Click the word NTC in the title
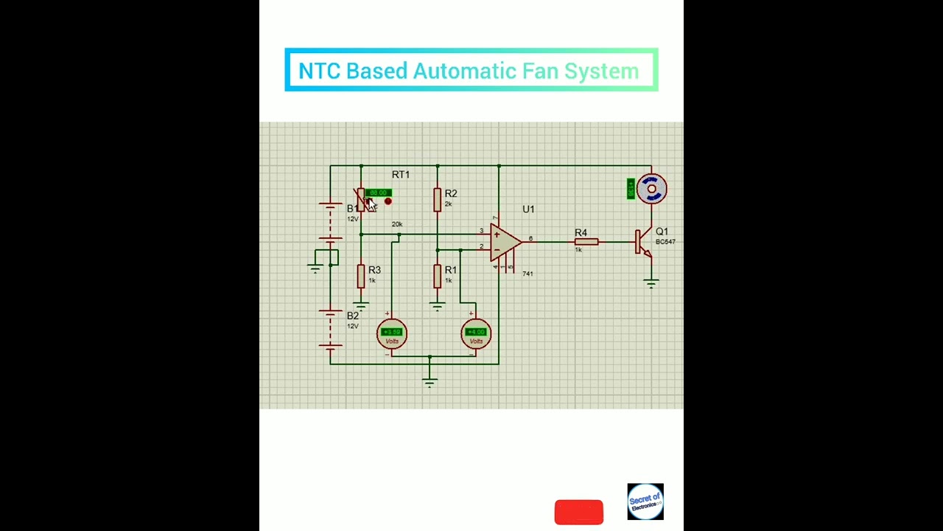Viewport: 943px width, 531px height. tap(319, 72)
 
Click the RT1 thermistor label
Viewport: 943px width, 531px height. tap(401, 175)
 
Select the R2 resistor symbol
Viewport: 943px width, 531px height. tap(438, 199)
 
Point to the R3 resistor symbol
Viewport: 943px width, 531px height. tap(361, 276)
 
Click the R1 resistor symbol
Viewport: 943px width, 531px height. tap(438, 276)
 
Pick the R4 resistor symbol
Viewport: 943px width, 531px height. tap(586, 241)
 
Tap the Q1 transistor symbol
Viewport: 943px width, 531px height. tap(643, 243)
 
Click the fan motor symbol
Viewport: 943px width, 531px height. tap(651, 190)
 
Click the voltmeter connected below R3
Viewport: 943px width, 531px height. tap(392, 334)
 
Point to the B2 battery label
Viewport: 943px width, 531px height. tap(353, 316)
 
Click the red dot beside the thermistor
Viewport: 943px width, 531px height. tap(388, 201)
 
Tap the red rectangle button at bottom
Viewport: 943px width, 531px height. tap(578, 512)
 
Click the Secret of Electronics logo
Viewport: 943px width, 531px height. tap(645, 502)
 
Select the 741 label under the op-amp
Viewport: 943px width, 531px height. tap(527, 274)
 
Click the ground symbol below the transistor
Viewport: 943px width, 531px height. tap(651, 282)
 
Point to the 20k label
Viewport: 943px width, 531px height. tap(397, 224)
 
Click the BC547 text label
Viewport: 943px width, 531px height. tap(665, 242)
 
